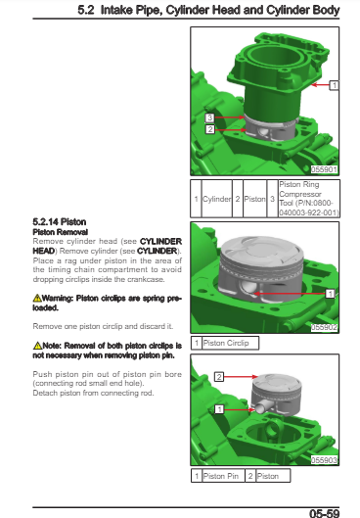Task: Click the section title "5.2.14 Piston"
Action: [x=60, y=222]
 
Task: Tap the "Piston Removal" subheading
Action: [x=61, y=232]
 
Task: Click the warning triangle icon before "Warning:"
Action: [x=37, y=298]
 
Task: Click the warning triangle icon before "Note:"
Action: [x=37, y=346]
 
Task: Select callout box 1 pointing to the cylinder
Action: [x=334, y=85]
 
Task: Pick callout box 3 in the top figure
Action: [x=209, y=118]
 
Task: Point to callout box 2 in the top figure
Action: [x=209, y=129]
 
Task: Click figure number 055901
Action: [x=325, y=169]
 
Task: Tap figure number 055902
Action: [x=325, y=327]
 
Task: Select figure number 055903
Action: [x=325, y=460]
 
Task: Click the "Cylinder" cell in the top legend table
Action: [x=217, y=199]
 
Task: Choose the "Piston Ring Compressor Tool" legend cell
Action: [x=309, y=198]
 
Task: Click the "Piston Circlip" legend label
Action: [x=226, y=343]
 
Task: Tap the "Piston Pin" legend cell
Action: [x=221, y=476]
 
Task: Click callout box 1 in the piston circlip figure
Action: [x=330, y=294]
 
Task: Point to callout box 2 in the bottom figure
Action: [x=219, y=377]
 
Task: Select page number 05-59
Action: [x=325, y=513]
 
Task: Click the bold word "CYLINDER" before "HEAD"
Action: [x=160, y=242]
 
